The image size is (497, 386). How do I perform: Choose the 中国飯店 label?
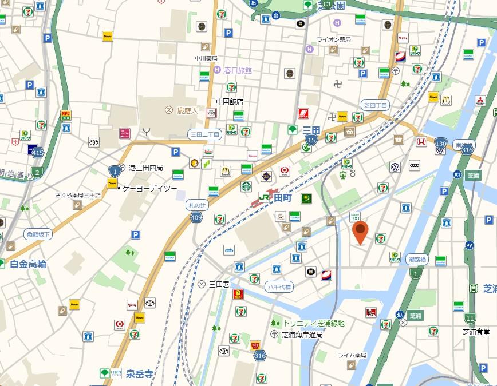[x=229, y=101]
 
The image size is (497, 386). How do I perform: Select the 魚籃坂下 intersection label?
[x=38, y=234]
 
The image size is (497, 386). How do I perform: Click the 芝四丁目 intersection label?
[x=376, y=105]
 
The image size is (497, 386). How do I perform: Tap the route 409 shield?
[x=196, y=217]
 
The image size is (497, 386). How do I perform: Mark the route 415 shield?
[x=38, y=153]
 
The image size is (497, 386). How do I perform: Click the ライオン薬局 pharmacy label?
[x=334, y=39]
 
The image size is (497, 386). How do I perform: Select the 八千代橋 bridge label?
[x=279, y=287]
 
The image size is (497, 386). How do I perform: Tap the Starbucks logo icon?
[x=246, y=186]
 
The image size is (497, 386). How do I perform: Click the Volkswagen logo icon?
[x=395, y=167]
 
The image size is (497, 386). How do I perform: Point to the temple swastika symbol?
[x=338, y=83]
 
